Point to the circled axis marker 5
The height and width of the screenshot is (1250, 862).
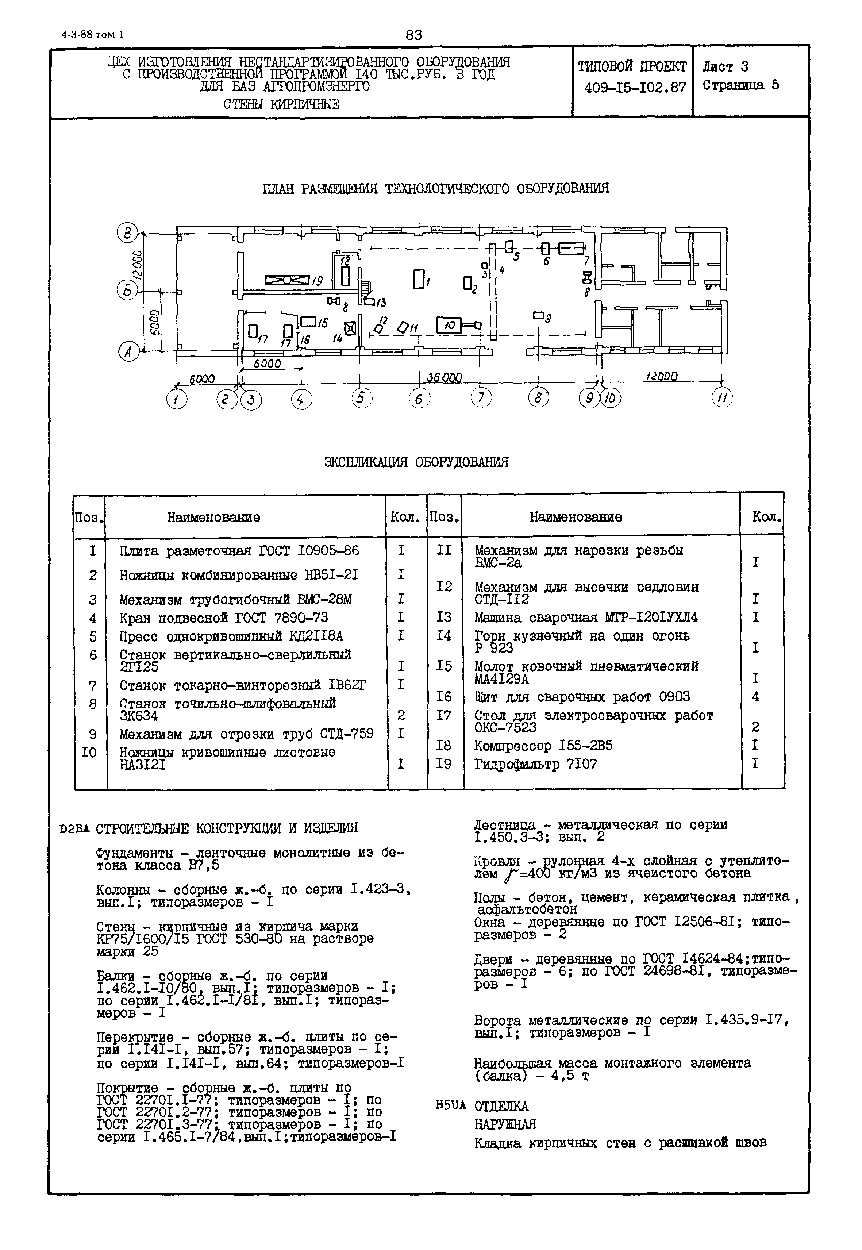tap(361, 398)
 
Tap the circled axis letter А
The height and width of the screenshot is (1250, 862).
tap(128, 352)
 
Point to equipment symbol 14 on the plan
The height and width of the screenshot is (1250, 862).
tap(350, 327)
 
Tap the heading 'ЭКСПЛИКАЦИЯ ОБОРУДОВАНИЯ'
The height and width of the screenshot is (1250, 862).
tap(416, 462)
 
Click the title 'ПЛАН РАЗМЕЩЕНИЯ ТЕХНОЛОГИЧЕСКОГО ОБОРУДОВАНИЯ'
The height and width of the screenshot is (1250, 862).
tap(435, 189)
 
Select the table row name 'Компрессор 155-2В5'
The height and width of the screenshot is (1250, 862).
tap(543, 746)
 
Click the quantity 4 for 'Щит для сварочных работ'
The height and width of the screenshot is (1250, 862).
tap(755, 697)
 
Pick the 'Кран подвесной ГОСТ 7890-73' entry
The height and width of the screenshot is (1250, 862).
tap(224, 618)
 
